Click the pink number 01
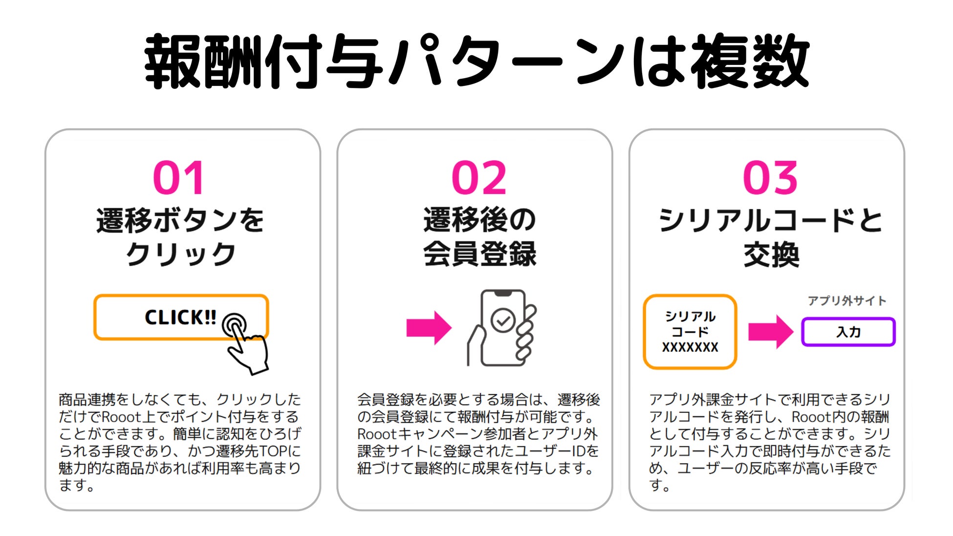pyautogui.click(x=179, y=178)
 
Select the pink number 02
pyautogui.click(x=479, y=178)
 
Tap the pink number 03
pyautogui.click(x=770, y=178)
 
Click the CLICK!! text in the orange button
pyautogui.click(x=180, y=318)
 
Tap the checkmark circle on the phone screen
pyautogui.click(x=503, y=321)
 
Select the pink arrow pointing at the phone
pyautogui.click(x=429, y=328)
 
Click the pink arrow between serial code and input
pyautogui.click(x=770, y=332)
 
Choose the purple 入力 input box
pyautogui.click(x=848, y=332)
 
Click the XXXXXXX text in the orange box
pyautogui.click(x=690, y=348)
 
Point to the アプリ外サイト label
pyautogui.click(x=847, y=301)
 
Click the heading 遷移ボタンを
pyautogui.click(x=180, y=220)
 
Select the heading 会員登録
pyautogui.click(x=479, y=254)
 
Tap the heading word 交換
pyautogui.click(x=771, y=254)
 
